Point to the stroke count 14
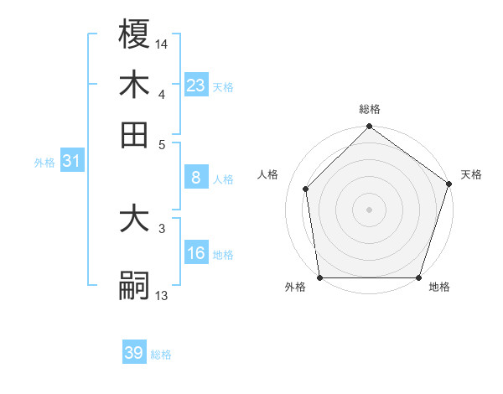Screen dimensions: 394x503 (x=162, y=42)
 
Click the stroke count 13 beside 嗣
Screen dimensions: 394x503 (x=162, y=294)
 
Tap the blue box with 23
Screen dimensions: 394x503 (x=196, y=85)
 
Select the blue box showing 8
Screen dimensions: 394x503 (x=196, y=178)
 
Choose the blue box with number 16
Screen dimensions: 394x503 (x=196, y=253)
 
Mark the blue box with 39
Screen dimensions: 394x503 (x=134, y=353)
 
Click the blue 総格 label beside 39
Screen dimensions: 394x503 (x=161, y=355)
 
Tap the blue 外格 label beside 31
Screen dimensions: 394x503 (x=44, y=163)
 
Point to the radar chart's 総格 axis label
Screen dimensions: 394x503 (x=369, y=110)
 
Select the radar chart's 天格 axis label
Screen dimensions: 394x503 (x=471, y=174)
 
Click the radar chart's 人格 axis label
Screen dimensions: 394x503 (x=268, y=174)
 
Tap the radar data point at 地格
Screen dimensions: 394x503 (x=418, y=277)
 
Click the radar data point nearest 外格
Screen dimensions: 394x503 (x=319, y=277)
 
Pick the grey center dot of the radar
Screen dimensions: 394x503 (x=369, y=209)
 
